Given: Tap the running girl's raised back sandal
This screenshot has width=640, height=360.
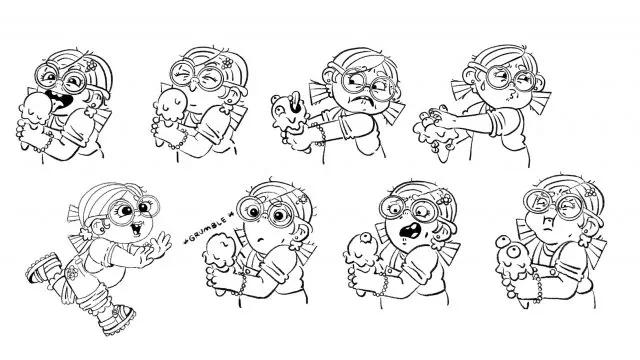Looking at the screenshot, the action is click(x=42, y=266).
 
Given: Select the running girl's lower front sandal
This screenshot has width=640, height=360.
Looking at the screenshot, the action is click(x=117, y=321).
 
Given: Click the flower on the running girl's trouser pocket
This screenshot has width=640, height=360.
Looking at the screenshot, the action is click(x=72, y=273).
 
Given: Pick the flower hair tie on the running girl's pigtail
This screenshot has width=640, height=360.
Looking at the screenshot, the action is click(x=85, y=233).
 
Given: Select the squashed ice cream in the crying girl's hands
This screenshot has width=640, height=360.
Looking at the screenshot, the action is click(x=433, y=130).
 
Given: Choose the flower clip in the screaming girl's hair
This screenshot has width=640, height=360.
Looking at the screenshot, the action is click(x=446, y=199).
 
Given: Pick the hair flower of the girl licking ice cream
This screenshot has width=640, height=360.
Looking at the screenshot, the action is click(x=91, y=64).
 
